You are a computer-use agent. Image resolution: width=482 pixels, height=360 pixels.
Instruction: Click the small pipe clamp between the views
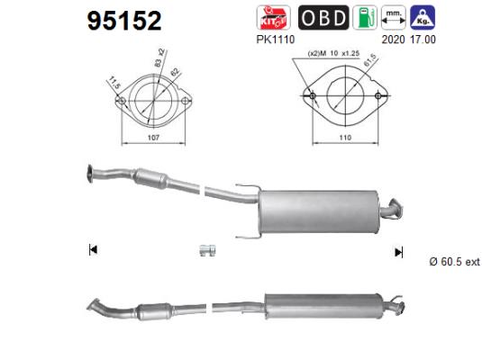pyautogui.click(x=206, y=249)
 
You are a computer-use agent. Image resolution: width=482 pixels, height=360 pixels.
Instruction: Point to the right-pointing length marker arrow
pyautogui.click(x=397, y=251)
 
